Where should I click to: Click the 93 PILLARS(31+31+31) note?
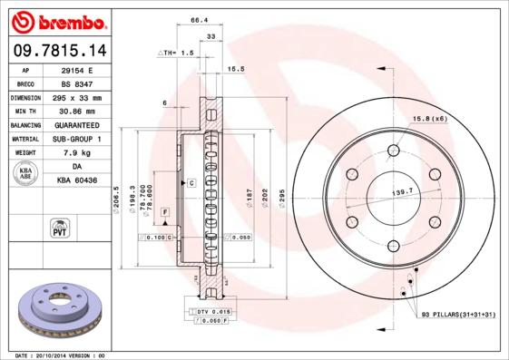459,315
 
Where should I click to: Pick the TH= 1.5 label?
178,54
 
